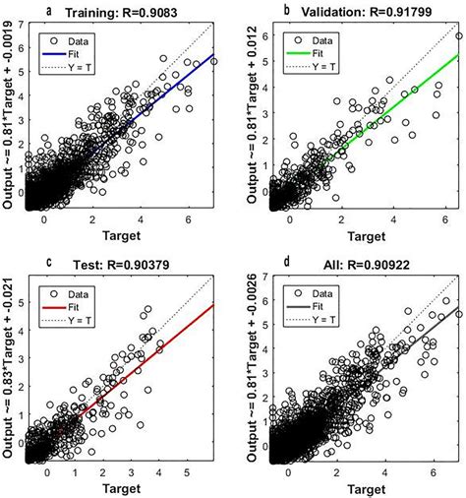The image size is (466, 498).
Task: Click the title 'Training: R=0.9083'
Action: pos(130,12)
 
